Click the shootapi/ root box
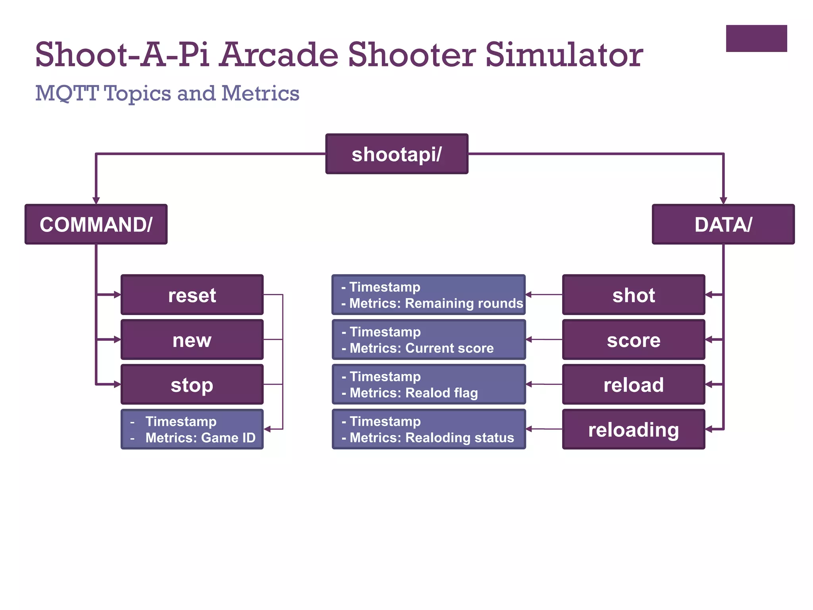[397, 154]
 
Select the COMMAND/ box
[96, 224]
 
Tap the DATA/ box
[723, 224]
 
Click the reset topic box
[192, 295]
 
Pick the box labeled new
[192, 340]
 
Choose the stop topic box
[192, 384]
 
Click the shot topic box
[634, 295]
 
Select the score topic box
[634, 340]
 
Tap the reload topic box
[634, 384]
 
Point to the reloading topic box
[634, 429]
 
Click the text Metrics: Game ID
[200, 438]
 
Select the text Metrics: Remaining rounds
[436, 303]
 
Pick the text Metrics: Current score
[422, 348]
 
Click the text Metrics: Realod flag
[414, 393]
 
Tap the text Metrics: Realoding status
[432, 438]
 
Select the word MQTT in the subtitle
[67, 94]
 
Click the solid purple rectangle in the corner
[756, 39]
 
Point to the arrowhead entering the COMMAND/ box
[96, 201]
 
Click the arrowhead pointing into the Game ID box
[268, 429]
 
